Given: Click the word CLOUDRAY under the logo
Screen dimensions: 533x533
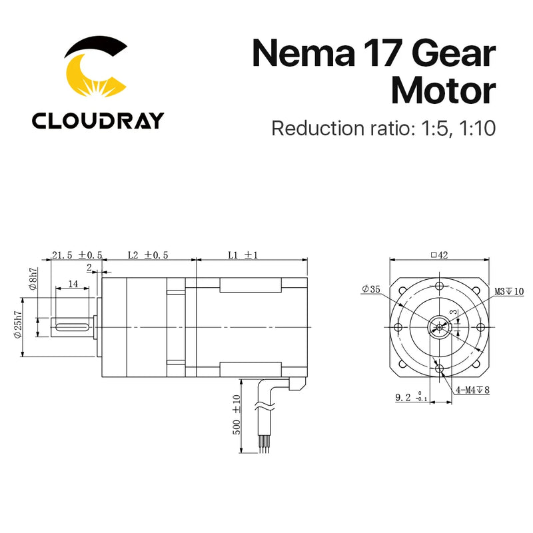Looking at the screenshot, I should click(x=97, y=121).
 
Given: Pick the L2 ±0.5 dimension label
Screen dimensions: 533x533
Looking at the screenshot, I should click(x=147, y=255).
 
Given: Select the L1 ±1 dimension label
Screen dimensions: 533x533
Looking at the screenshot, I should click(x=242, y=255).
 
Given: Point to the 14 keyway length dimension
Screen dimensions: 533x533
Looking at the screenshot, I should click(x=73, y=284).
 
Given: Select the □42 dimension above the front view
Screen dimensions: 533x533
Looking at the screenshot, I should click(x=438, y=255).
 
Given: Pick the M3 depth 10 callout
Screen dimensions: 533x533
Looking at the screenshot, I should click(x=508, y=292).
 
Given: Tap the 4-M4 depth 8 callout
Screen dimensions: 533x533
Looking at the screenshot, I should click(x=472, y=390).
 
